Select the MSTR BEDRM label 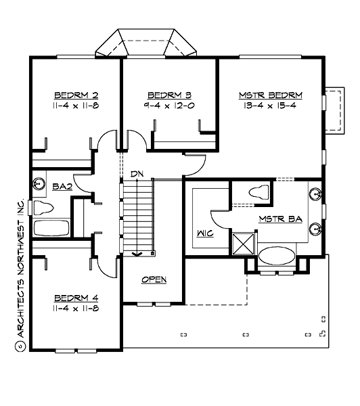point(271,95)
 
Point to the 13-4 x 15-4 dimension point(271,106)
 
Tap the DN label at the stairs point(137,174)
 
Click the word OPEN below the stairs point(154,279)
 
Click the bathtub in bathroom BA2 point(51,227)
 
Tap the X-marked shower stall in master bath point(243,242)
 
